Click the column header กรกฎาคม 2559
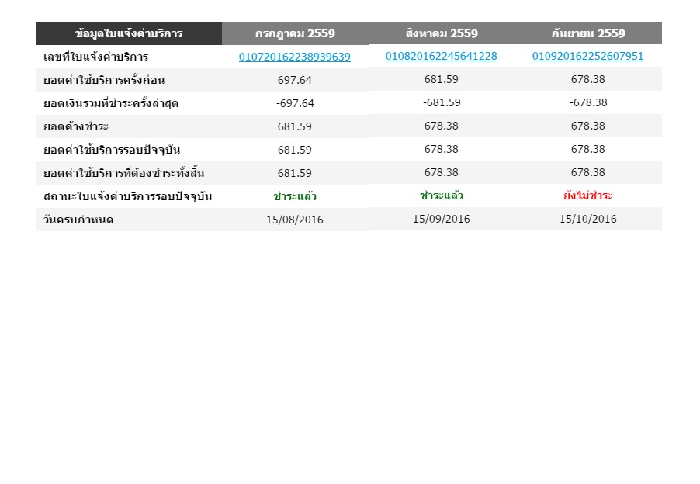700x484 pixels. [x=295, y=33]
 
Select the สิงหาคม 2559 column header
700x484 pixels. [x=442, y=33]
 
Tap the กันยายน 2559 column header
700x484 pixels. [x=588, y=33]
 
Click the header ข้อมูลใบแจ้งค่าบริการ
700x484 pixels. [x=129, y=33]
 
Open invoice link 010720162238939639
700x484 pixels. [x=295, y=57]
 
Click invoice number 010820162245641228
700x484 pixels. [x=442, y=56]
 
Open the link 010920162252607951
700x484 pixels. [x=588, y=56]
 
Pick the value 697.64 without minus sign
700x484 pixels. [x=295, y=80]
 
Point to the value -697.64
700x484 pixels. [x=295, y=103]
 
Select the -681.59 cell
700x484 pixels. [x=442, y=102]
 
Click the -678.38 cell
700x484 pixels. [x=588, y=102]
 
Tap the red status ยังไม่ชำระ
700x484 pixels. [x=588, y=195]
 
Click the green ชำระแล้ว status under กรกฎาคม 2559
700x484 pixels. [x=295, y=196]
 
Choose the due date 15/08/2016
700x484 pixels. [x=295, y=220]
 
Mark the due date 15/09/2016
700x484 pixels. [x=442, y=219]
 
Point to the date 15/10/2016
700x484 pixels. [x=588, y=219]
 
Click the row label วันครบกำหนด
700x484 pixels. [x=79, y=220]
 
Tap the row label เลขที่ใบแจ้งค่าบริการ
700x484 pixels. [x=96, y=57]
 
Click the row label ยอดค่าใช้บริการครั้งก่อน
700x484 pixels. [x=104, y=80]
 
